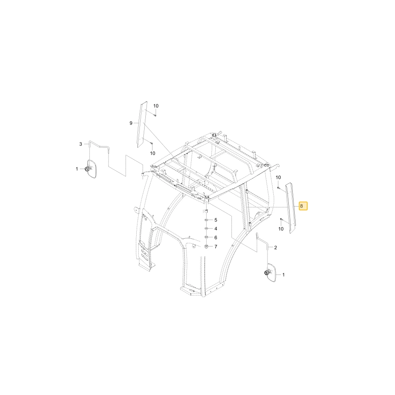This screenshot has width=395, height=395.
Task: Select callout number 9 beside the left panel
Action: [x=131, y=123]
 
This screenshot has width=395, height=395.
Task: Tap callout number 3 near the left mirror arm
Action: [x=81, y=144]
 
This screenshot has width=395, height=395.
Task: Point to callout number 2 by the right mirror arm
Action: [x=276, y=248]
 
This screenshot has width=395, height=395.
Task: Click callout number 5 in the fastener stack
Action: [x=216, y=220]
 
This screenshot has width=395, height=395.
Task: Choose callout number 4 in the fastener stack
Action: [x=216, y=229]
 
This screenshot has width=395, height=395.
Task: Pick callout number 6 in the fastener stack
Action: [x=216, y=237]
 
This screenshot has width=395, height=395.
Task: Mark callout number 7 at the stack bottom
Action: [x=216, y=246]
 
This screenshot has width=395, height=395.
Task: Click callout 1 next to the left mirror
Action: [x=77, y=169]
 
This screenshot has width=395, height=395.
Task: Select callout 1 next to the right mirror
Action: [x=283, y=275]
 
